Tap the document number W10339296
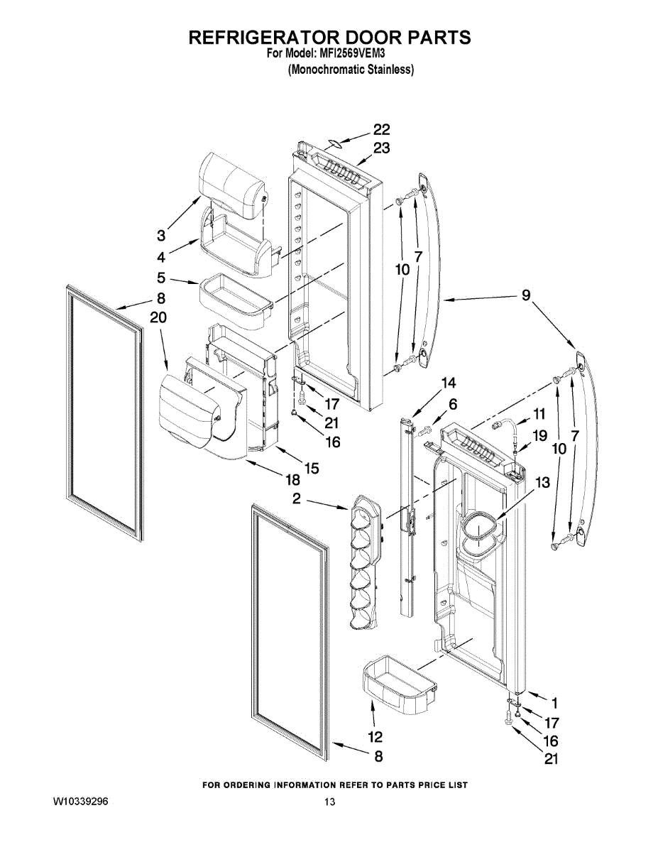(80, 802)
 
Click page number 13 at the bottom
(329, 802)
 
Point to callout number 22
(382, 130)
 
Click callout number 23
(382, 148)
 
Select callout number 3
(162, 235)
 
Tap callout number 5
(162, 278)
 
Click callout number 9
(526, 296)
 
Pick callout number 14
(448, 383)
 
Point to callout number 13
(542, 483)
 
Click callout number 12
(375, 736)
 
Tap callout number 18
(274, 481)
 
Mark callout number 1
(554, 703)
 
